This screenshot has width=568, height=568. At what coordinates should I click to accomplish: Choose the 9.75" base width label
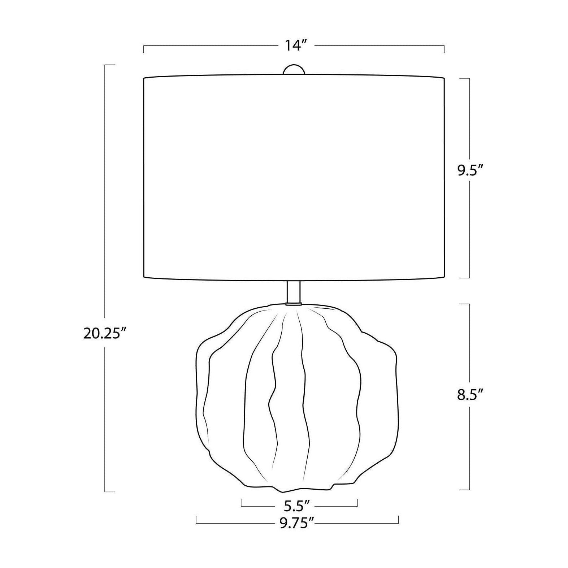(296, 523)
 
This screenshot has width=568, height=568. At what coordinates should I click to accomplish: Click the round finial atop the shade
(294, 70)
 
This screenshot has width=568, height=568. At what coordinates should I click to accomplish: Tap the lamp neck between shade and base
(293, 292)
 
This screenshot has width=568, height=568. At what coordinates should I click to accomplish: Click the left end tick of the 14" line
(144, 49)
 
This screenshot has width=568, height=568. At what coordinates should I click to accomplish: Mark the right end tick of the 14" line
(444, 49)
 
